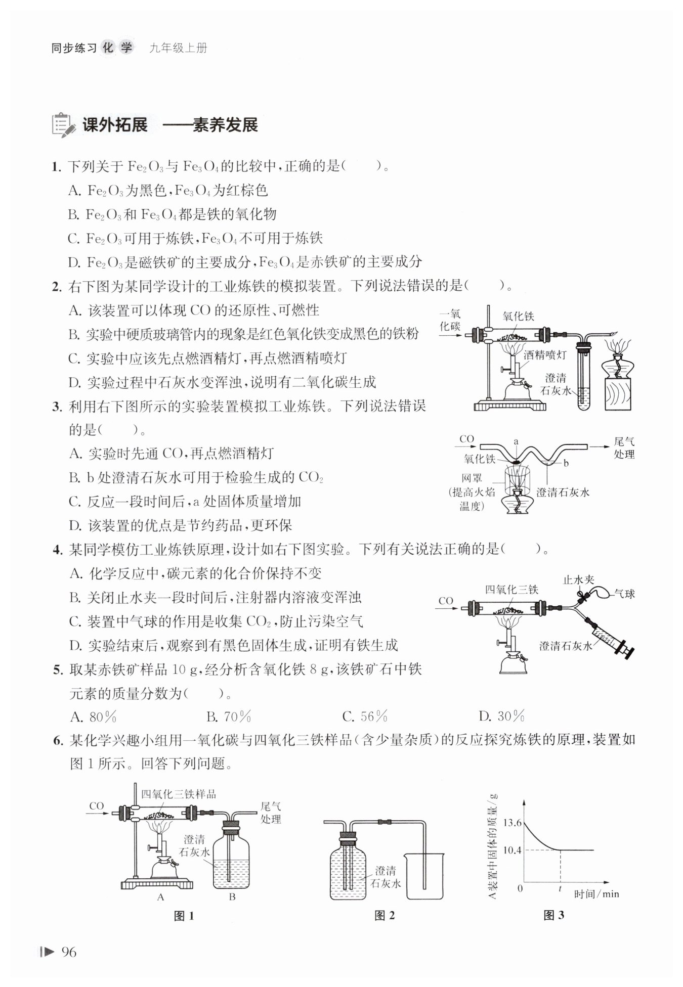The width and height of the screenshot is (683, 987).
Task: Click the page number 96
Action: coord(68,952)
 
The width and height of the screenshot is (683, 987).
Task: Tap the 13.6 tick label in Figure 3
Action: coord(512,823)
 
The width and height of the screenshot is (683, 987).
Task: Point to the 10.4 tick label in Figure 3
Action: coord(512,850)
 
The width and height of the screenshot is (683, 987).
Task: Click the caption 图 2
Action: coord(385,915)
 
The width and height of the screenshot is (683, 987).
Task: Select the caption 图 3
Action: coord(553,915)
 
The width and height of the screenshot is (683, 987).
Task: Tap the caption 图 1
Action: coord(184,916)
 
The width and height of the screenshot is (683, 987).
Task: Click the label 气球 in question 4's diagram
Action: coord(624,594)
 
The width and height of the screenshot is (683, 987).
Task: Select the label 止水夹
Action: coord(578,580)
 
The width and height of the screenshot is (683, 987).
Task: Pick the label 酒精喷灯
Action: coord(545,355)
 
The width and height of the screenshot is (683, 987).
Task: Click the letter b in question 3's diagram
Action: coord(566,463)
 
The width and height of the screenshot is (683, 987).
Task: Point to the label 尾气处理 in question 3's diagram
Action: coord(624,448)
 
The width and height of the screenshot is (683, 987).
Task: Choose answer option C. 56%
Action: coord(365,716)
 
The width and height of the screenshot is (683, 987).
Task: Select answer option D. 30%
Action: coord(501,716)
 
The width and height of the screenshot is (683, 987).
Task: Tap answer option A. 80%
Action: coord(94,717)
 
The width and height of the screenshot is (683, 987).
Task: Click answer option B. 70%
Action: coord(229,716)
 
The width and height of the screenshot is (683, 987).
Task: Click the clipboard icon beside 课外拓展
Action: coord(63,125)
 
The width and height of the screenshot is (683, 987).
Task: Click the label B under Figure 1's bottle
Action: coord(232,898)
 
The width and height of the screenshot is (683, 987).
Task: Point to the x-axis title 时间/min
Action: coord(596,894)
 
